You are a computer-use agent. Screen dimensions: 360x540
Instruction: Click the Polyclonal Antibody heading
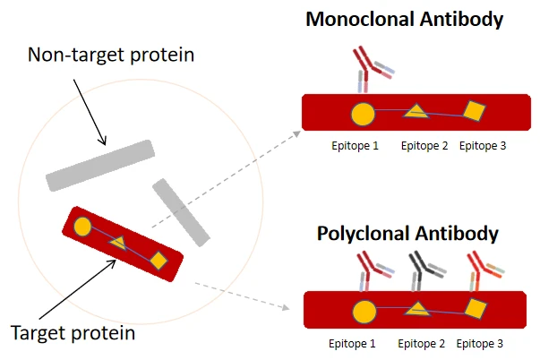coord(407,234)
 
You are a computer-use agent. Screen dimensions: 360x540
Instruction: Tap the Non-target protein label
coord(111,56)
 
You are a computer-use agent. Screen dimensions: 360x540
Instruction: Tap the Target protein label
coord(73,334)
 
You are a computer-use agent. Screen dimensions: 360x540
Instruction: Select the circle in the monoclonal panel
coord(362,114)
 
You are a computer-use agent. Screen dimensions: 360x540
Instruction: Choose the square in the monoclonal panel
coord(473,112)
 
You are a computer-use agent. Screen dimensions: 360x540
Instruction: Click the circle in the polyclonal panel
coord(364,313)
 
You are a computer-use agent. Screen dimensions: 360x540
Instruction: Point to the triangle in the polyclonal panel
coord(416,311)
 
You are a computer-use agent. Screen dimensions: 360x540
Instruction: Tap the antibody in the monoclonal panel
coord(369,67)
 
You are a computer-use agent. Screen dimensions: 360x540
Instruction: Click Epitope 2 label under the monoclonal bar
coord(424,146)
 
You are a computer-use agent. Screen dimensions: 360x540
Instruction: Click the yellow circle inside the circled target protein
coord(81,227)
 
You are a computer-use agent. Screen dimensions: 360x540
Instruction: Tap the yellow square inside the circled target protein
coord(158,261)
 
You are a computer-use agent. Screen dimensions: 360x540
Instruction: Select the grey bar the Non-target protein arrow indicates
coord(100,165)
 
